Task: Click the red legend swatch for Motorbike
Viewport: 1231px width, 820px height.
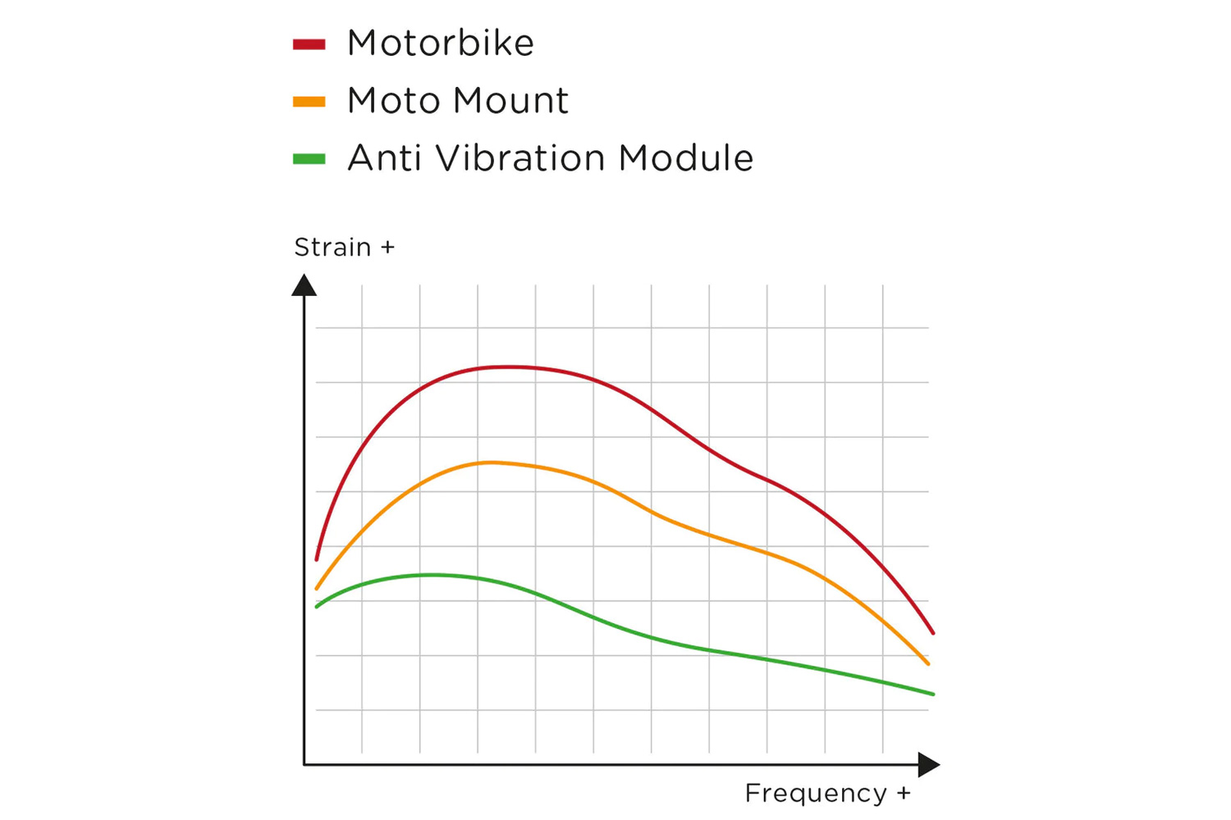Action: click(309, 44)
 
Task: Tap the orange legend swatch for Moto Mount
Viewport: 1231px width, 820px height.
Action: click(309, 102)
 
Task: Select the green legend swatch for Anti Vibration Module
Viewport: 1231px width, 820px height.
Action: click(309, 159)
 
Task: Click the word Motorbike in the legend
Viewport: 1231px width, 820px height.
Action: click(440, 43)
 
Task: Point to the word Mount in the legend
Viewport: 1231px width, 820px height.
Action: click(510, 101)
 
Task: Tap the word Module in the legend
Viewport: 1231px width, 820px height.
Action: click(685, 158)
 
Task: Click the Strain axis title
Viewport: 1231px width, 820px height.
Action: click(332, 247)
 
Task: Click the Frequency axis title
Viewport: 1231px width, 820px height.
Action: click(816, 793)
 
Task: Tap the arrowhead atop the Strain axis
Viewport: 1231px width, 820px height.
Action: click(304, 285)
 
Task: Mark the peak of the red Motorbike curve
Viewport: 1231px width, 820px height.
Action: click(509, 367)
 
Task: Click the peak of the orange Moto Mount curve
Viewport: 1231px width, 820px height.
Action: click(490, 462)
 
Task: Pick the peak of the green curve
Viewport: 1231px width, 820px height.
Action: click(432, 575)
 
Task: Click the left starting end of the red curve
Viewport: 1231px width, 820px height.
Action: click(317, 559)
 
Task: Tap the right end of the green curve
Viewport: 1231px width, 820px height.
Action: click(933, 694)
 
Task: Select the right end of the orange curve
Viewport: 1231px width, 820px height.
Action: click(928, 663)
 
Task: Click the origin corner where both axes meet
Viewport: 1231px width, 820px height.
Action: click(304, 764)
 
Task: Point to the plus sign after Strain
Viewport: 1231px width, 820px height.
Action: click(388, 248)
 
